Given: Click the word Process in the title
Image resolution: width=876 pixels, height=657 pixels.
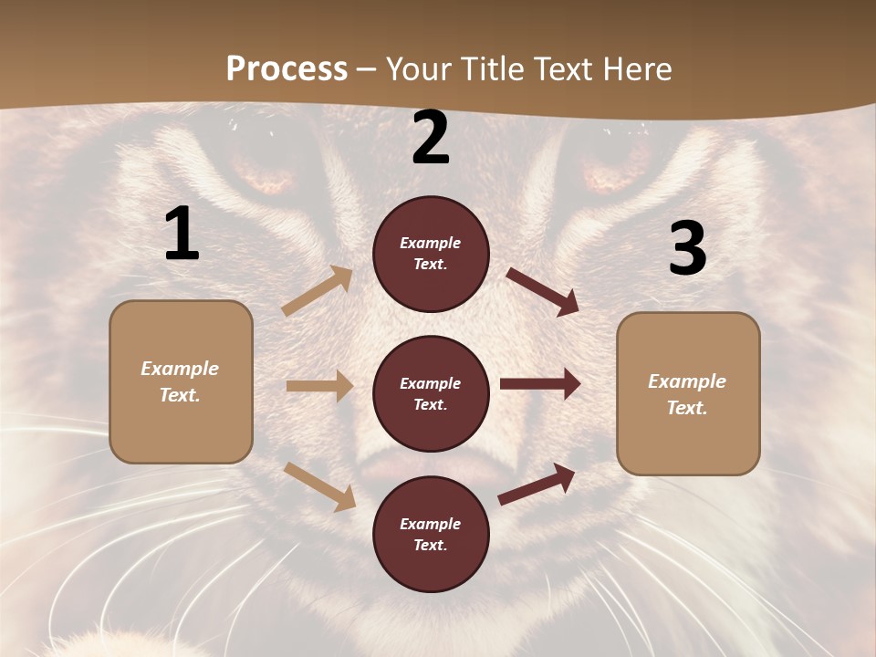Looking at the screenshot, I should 287,69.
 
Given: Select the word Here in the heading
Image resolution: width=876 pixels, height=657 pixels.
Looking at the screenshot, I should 637,69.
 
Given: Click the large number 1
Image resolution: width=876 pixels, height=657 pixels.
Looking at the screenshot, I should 182,235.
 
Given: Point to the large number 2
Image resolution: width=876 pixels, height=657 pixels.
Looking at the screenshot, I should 431,139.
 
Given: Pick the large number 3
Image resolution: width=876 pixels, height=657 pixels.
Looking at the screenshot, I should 687,249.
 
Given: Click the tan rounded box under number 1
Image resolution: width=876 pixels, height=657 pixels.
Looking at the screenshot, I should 181,381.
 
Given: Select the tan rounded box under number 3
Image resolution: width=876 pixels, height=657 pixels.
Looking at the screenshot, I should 688,394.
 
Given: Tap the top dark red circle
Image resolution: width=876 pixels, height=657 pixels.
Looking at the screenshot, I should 431,254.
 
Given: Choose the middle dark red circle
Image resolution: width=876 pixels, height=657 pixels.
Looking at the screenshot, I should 431,393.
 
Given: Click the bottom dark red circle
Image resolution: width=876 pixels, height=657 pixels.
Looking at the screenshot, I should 431,534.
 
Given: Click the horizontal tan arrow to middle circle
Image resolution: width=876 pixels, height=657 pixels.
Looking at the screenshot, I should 319,386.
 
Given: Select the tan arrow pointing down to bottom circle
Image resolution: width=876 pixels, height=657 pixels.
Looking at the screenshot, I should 319,486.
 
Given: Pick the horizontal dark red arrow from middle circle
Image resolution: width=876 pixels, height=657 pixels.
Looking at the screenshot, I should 540,384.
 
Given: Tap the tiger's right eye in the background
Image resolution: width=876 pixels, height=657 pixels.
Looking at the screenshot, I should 607,167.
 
